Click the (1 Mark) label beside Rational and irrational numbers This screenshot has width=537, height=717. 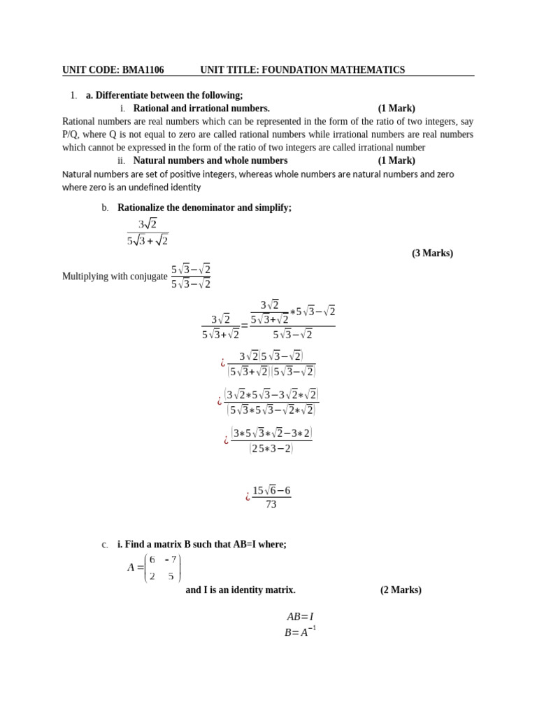tap(396, 108)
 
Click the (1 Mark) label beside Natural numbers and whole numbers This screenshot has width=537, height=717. tap(396, 160)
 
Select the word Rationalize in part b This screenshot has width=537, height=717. tap(143, 208)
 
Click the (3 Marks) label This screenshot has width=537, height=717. tap(432, 253)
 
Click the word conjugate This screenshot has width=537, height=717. tap(148, 277)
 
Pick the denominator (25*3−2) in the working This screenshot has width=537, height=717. tap(271, 449)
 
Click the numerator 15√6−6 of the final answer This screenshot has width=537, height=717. tap(271, 490)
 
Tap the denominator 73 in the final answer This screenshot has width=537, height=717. tap(271, 504)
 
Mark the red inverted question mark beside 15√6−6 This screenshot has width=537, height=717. tap(248, 497)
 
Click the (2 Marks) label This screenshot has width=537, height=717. tap(401, 590)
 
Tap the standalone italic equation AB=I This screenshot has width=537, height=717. tap(300, 617)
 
